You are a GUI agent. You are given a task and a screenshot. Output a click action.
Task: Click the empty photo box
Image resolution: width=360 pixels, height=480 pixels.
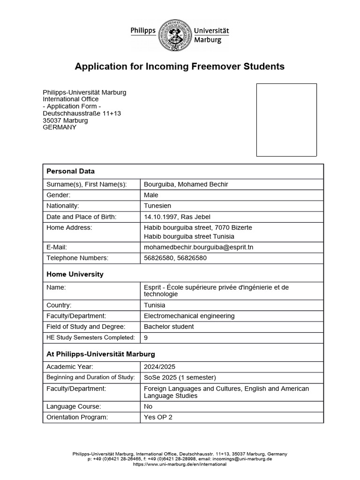(286, 120)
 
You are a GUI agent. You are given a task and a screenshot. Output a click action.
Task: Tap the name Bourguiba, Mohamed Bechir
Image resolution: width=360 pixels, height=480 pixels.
(186, 184)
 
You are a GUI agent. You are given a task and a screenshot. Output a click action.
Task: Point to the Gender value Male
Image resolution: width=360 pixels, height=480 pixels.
(151, 195)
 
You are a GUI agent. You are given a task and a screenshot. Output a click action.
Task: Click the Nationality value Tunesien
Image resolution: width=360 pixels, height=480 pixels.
(158, 206)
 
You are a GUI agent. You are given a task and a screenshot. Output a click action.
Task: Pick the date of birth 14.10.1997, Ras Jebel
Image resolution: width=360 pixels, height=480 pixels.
(178, 217)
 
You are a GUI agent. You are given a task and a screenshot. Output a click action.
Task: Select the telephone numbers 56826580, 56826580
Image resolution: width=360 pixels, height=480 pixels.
(175, 258)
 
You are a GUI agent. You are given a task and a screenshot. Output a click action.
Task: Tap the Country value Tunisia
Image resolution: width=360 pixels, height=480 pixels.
(155, 305)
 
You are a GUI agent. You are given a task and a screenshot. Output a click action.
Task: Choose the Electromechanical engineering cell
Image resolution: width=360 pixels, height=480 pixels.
(189, 316)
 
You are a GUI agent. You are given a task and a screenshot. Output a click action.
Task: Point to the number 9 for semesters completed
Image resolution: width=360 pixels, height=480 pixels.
(146, 337)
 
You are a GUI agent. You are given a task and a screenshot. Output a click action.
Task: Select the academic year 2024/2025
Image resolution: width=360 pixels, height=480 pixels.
(159, 367)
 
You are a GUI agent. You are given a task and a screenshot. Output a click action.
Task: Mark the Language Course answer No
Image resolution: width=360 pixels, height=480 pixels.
(148, 407)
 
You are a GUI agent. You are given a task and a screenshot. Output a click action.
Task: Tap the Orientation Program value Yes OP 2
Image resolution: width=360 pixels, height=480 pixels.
(158, 418)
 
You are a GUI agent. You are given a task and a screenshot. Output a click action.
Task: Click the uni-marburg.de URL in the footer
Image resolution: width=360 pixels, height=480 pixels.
(180, 464)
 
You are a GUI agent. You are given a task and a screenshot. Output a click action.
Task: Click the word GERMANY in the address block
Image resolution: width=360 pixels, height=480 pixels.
(60, 127)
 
